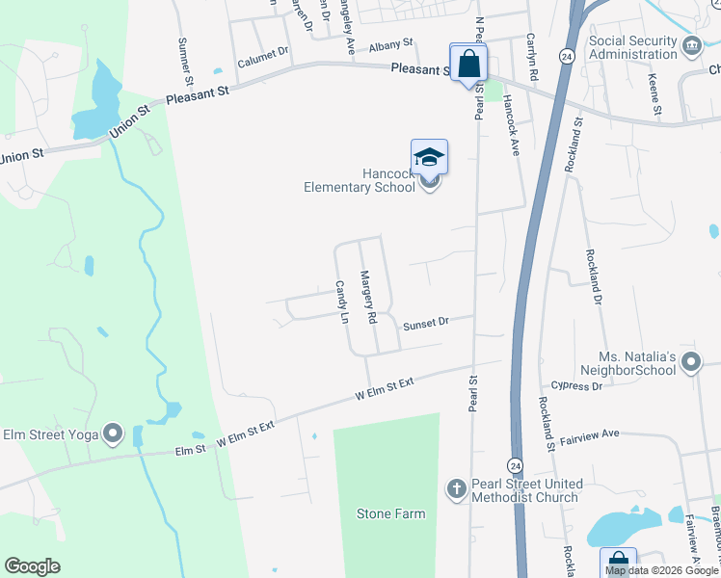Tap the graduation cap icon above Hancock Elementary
click(429, 157)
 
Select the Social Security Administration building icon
click(691, 46)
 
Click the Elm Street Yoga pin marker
click(114, 434)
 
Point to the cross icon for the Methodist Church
click(458, 489)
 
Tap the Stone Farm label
click(390, 513)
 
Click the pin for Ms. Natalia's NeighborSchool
click(690, 363)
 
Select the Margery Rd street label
click(367, 297)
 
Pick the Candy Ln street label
click(340, 302)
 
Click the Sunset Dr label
click(426, 325)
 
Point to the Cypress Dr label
click(577, 385)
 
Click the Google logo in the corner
click(32, 566)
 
